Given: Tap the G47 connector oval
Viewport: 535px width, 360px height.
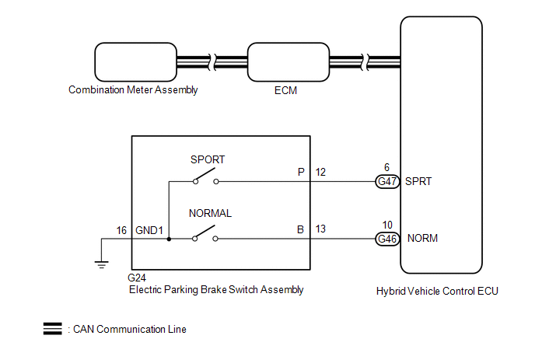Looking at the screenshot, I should click(x=386, y=182).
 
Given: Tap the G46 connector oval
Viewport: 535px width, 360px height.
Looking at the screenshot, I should click(x=386, y=239).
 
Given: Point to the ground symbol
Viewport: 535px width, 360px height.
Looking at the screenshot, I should click(x=100, y=264).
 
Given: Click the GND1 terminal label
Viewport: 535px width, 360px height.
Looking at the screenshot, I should click(x=149, y=231).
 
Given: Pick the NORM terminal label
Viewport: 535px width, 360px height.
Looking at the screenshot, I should click(x=423, y=239).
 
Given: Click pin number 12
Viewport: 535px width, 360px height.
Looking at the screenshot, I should click(x=320, y=171).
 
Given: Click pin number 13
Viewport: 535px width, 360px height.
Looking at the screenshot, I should click(x=320, y=229).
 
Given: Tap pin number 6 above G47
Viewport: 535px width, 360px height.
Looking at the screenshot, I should click(x=386, y=167).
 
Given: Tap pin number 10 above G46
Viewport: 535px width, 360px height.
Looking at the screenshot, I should click(x=386, y=225).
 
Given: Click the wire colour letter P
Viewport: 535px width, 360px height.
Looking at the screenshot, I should click(x=300, y=171).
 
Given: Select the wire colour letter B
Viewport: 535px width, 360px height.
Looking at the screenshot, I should click(x=300, y=229).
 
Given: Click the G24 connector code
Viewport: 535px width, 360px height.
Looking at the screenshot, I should click(x=137, y=277).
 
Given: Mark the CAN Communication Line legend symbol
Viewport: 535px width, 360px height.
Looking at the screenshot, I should click(x=53, y=329).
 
